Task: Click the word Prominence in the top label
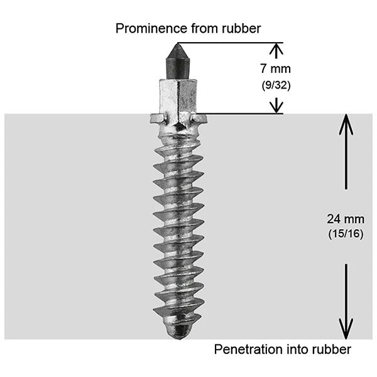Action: (145, 28)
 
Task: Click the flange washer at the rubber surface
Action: (179, 118)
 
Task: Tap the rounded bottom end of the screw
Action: (180, 332)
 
